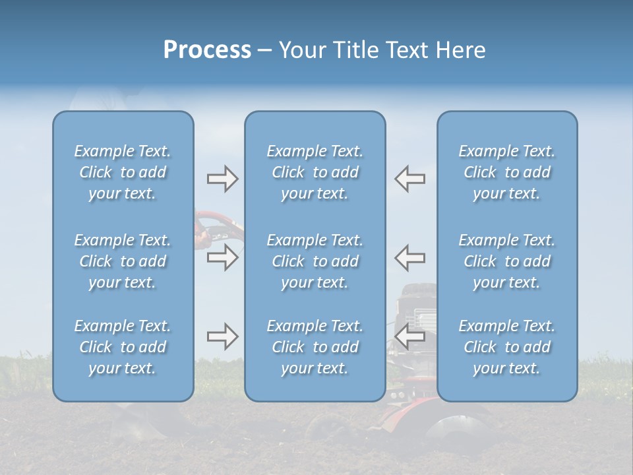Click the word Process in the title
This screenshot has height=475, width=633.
point(207,50)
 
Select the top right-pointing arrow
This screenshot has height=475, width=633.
point(222,179)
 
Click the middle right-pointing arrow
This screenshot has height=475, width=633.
point(222,257)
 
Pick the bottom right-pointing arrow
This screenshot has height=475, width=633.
point(222,337)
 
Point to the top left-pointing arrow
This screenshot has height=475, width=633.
point(410,179)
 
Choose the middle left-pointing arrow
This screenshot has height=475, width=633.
point(410,257)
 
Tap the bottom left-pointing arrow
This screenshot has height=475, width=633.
point(410,337)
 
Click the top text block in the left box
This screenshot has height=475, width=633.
point(123,172)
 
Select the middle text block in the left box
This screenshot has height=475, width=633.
point(123,261)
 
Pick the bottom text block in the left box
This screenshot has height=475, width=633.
point(123,347)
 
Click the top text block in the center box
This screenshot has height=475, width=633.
point(315,172)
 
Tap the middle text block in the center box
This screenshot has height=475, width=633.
point(315,261)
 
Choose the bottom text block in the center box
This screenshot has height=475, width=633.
point(315,347)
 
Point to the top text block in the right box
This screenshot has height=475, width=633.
point(507,172)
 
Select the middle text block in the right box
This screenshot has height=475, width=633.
point(507,261)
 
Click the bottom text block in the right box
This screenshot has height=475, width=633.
point(507,347)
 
